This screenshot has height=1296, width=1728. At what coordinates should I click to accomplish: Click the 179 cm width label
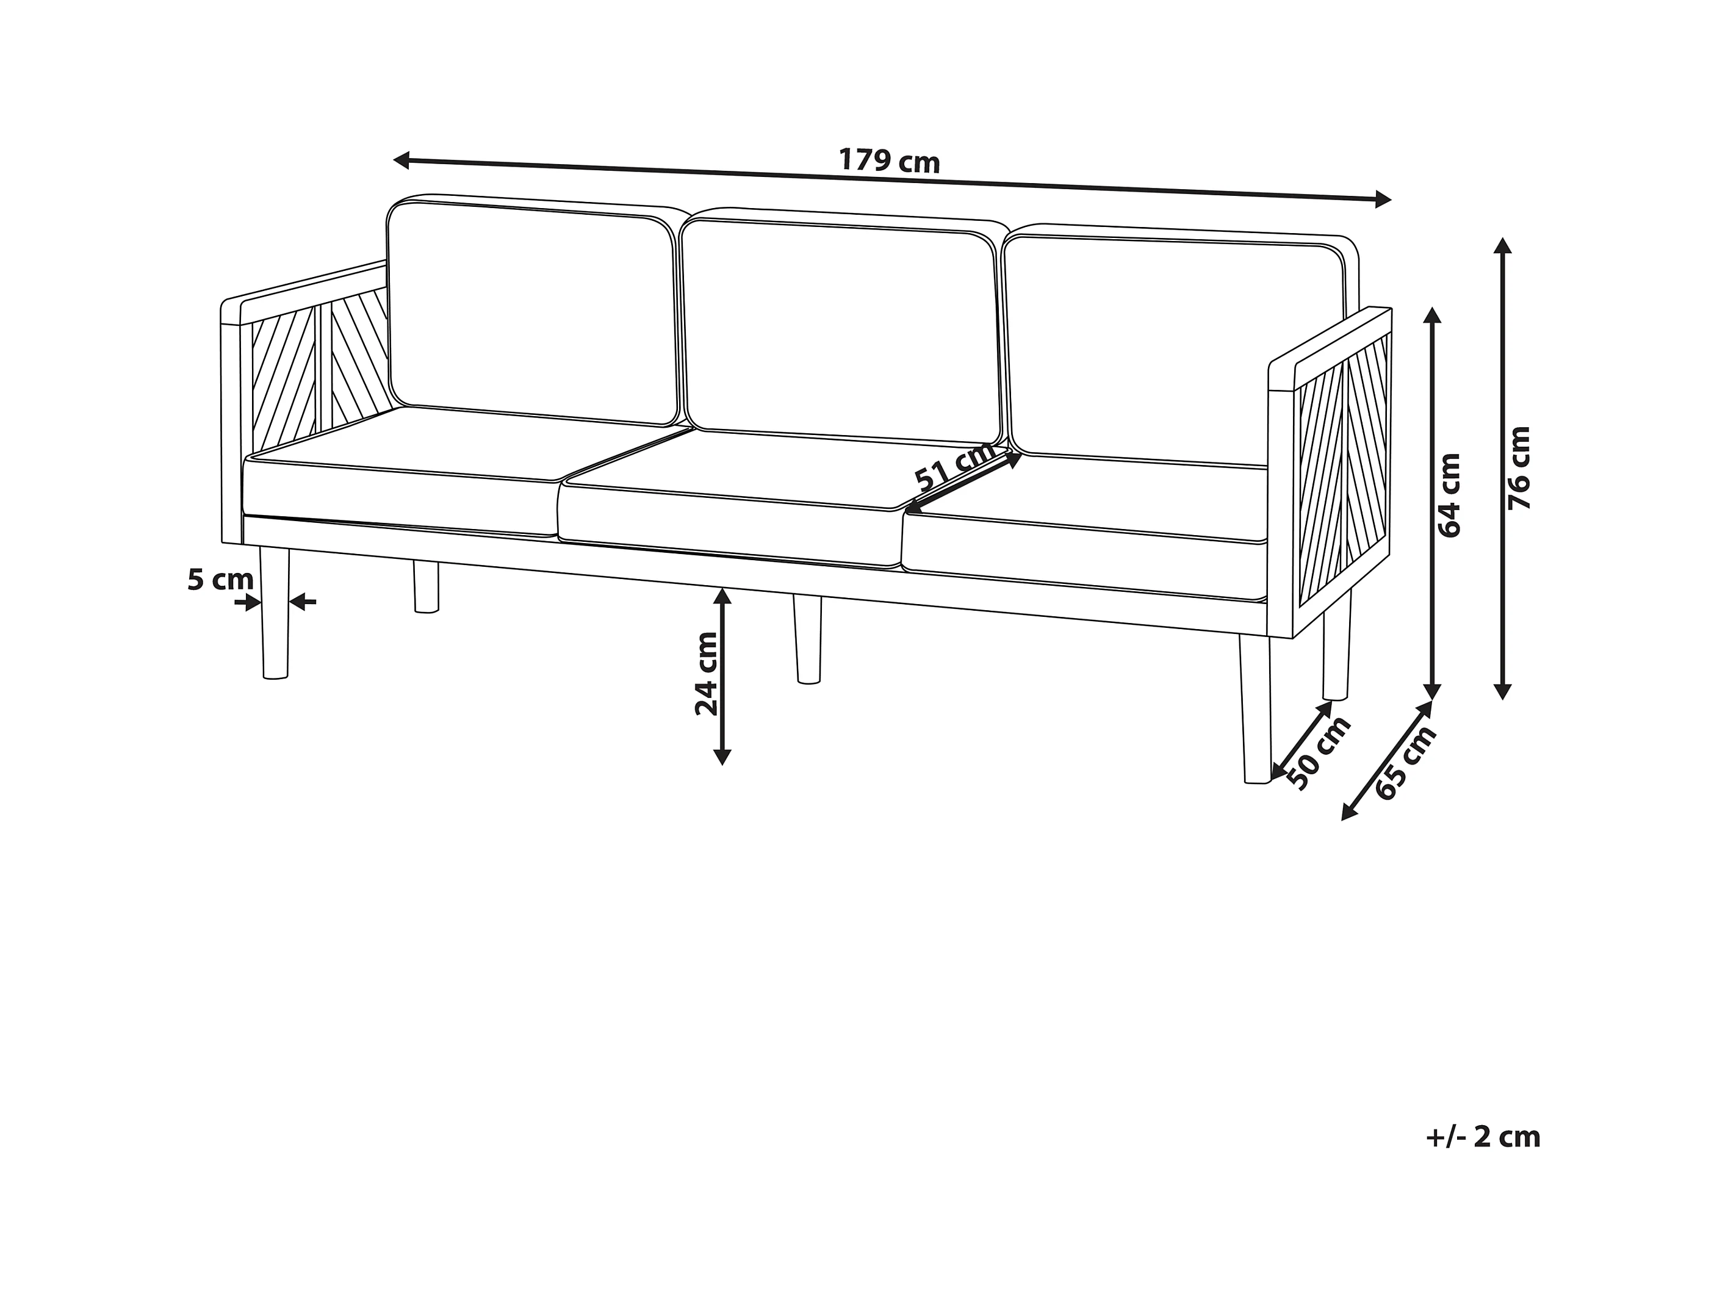[889, 161]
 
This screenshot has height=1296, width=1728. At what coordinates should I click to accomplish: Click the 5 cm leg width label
[220, 580]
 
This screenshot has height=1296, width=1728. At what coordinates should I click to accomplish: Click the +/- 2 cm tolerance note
[1483, 1137]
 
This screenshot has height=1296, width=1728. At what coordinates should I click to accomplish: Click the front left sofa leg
[274, 613]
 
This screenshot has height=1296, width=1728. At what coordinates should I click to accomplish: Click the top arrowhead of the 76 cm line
[1502, 245]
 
